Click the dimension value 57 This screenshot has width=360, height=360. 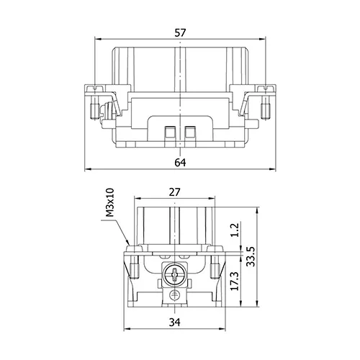(180, 33)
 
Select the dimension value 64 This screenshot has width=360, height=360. (180, 163)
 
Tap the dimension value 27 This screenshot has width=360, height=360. (174, 192)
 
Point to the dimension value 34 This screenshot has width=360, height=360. (174, 323)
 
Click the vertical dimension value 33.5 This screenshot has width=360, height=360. (251, 256)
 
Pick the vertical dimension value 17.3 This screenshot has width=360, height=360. (235, 281)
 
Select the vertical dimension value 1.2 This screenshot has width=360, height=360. (235, 230)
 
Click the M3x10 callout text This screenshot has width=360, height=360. (110, 203)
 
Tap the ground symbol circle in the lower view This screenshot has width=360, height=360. (174, 295)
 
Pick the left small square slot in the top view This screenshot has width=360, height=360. (171, 132)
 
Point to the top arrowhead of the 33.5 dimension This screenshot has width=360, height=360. (257, 211)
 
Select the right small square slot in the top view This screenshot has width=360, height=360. (190, 132)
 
